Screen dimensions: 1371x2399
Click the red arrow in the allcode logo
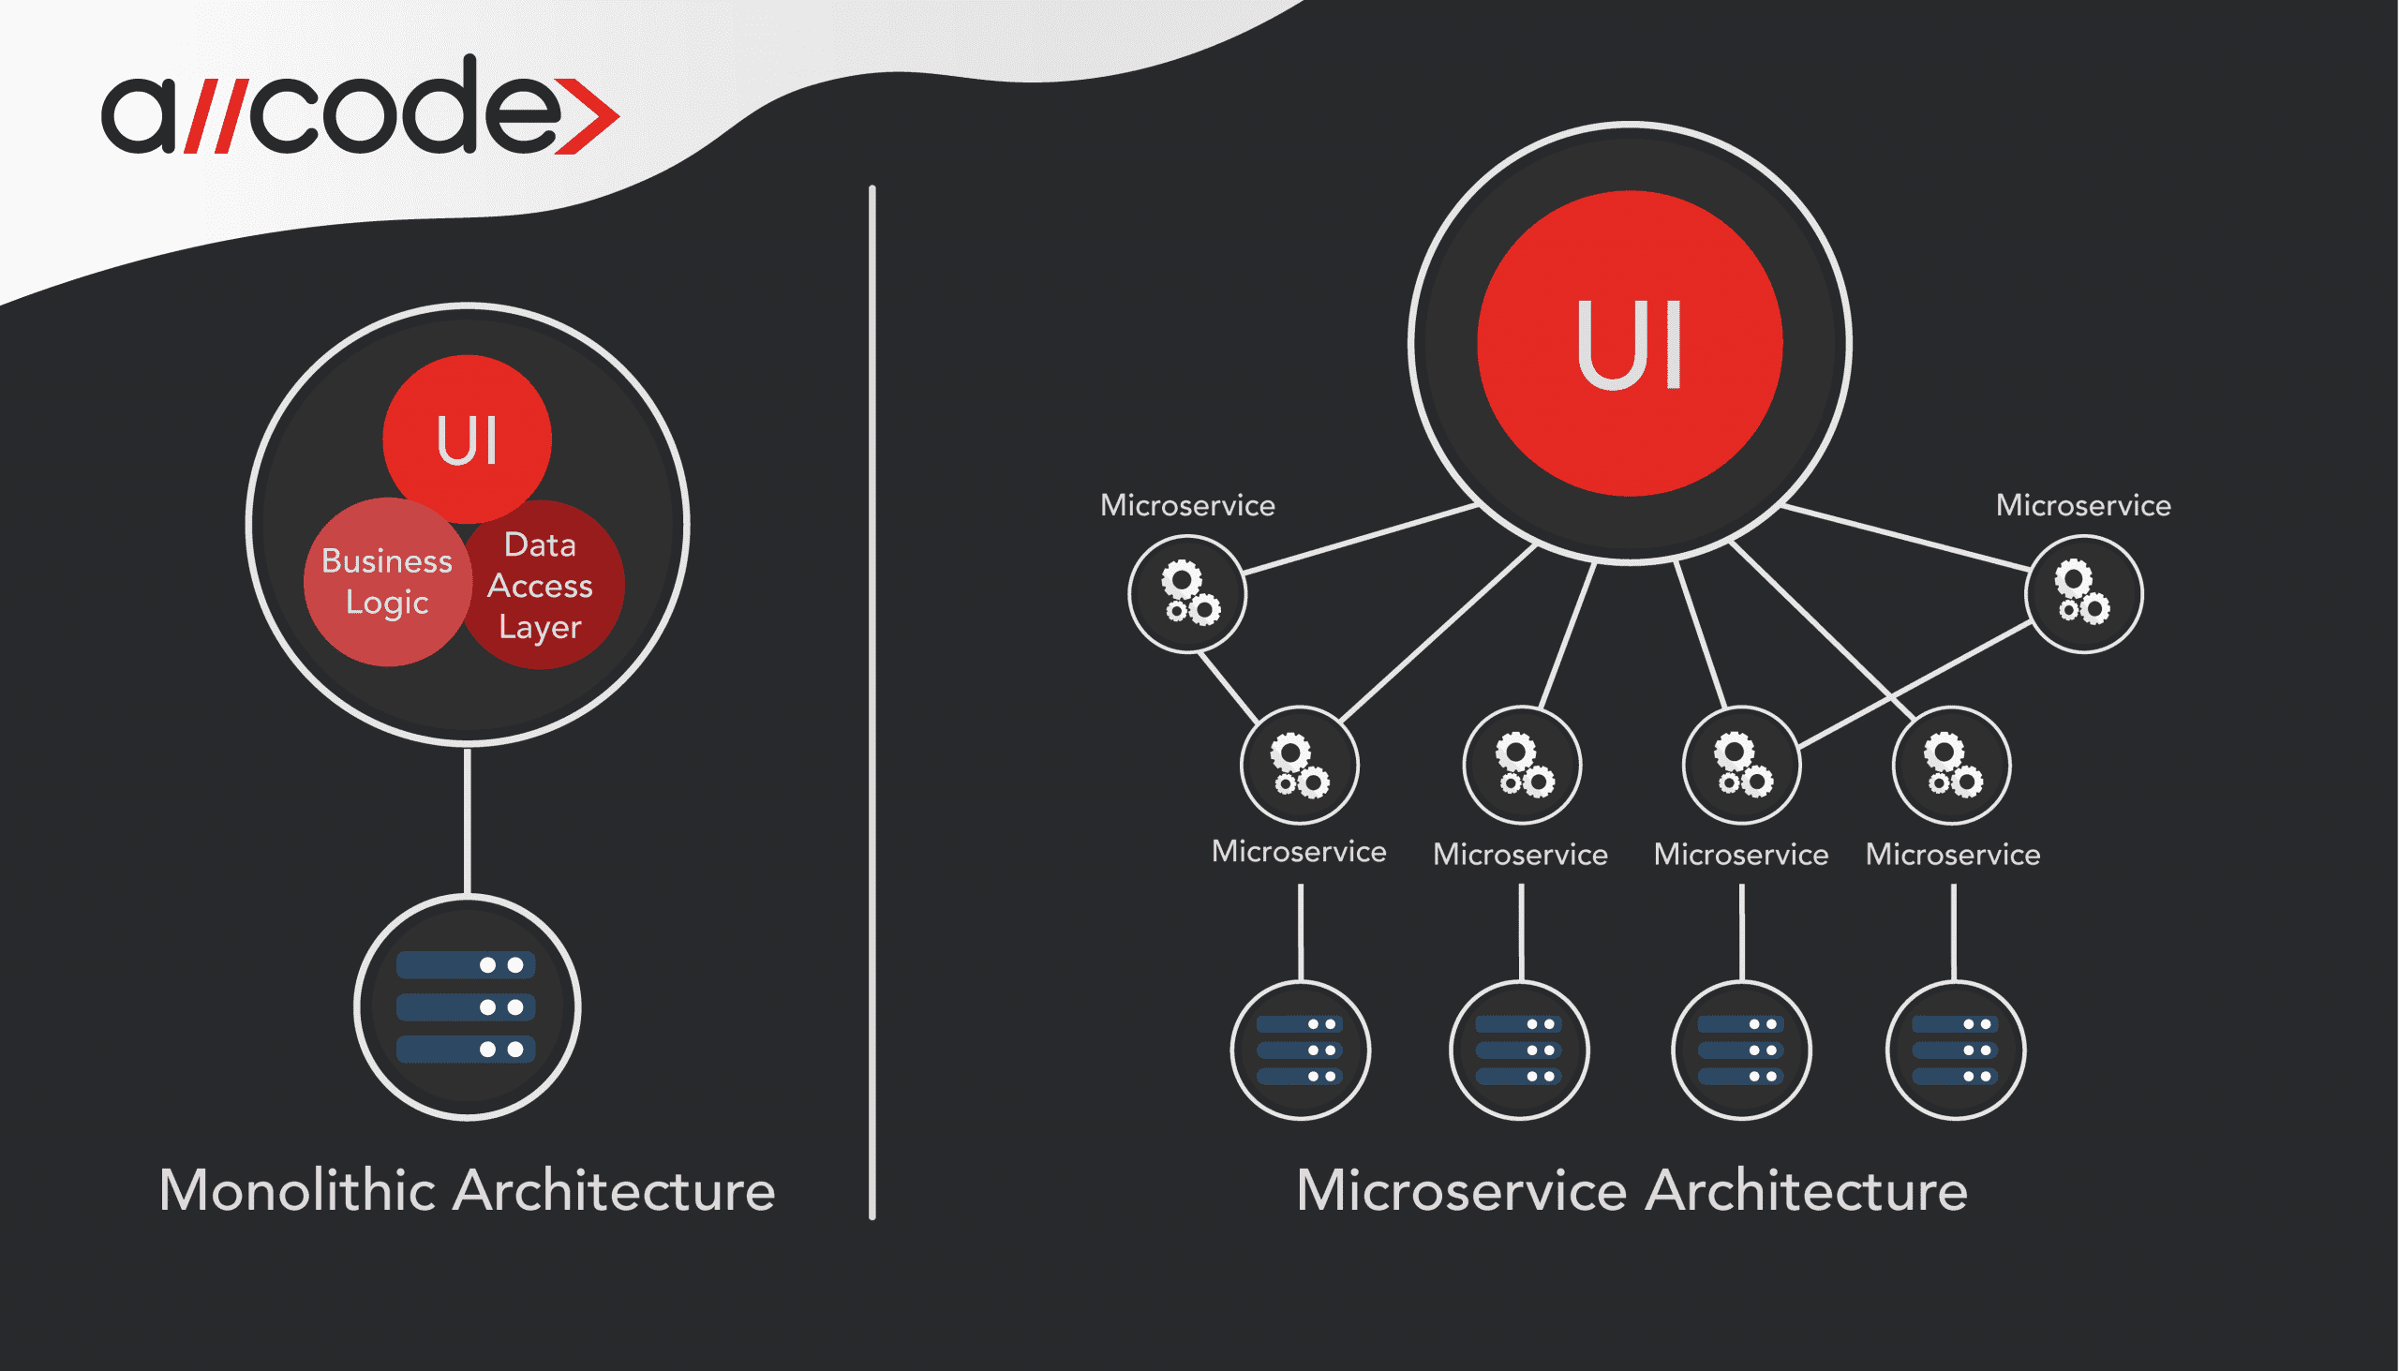pos(588,118)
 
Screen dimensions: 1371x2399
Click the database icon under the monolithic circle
pos(467,1007)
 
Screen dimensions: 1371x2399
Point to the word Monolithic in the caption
pos(302,1190)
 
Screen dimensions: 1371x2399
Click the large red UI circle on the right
pos(1630,344)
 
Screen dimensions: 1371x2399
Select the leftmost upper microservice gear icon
pos(1188,593)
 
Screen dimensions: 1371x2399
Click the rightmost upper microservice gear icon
pos(2083,593)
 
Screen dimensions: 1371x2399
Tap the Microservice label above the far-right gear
pos(2082,506)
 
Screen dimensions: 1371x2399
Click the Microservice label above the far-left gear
pos(1187,506)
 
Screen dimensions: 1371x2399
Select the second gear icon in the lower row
pos(1523,765)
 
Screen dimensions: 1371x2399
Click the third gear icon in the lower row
pos(1742,765)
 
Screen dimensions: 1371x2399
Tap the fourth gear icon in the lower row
pos(1952,765)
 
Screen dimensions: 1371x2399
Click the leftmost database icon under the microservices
pos(1301,1050)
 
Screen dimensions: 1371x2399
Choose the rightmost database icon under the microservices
pos(1956,1050)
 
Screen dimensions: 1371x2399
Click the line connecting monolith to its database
pos(467,819)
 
